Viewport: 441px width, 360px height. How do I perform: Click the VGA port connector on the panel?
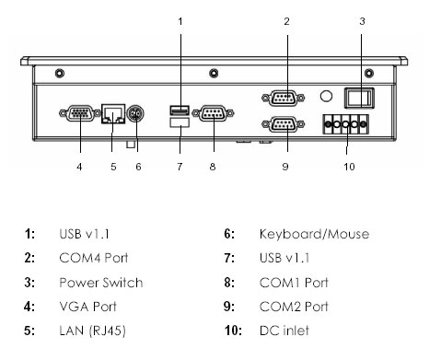pyautogui.click(x=80, y=113)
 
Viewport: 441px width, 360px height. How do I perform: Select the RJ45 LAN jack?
pyautogui.click(x=113, y=113)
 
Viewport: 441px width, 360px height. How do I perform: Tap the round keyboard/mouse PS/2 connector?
pyautogui.click(x=135, y=114)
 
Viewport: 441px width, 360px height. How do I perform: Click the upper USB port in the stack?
pyautogui.click(x=180, y=110)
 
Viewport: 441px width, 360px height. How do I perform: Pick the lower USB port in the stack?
pyautogui.click(x=180, y=122)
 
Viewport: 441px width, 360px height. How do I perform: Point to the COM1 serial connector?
pyautogui.click(x=214, y=113)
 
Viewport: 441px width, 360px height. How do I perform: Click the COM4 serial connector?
pyautogui.click(x=283, y=99)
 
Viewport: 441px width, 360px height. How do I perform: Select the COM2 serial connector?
pyautogui.click(x=283, y=124)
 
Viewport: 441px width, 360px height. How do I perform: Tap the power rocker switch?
pyautogui.click(x=359, y=98)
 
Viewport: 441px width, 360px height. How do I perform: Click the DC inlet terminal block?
pyautogui.click(x=345, y=124)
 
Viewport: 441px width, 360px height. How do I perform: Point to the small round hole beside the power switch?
pyautogui.click(x=326, y=96)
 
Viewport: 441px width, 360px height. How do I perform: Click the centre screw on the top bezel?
pyautogui.click(x=214, y=74)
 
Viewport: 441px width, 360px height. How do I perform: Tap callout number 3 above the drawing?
pyautogui.click(x=362, y=21)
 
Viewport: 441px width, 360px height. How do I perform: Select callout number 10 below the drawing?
pyautogui.click(x=349, y=167)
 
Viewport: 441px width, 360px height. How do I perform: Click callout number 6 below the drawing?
pyautogui.click(x=138, y=167)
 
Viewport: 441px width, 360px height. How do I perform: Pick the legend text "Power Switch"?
pyautogui.click(x=101, y=283)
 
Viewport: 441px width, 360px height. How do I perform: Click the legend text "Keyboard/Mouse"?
pyautogui.click(x=314, y=234)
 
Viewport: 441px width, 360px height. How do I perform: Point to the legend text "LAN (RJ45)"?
pyautogui.click(x=92, y=331)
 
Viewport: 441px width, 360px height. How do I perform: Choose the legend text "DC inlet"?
pyautogui.click(x=284, y=331)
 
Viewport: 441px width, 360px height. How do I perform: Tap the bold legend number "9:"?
pyautogui.click(x=229, y=307)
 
